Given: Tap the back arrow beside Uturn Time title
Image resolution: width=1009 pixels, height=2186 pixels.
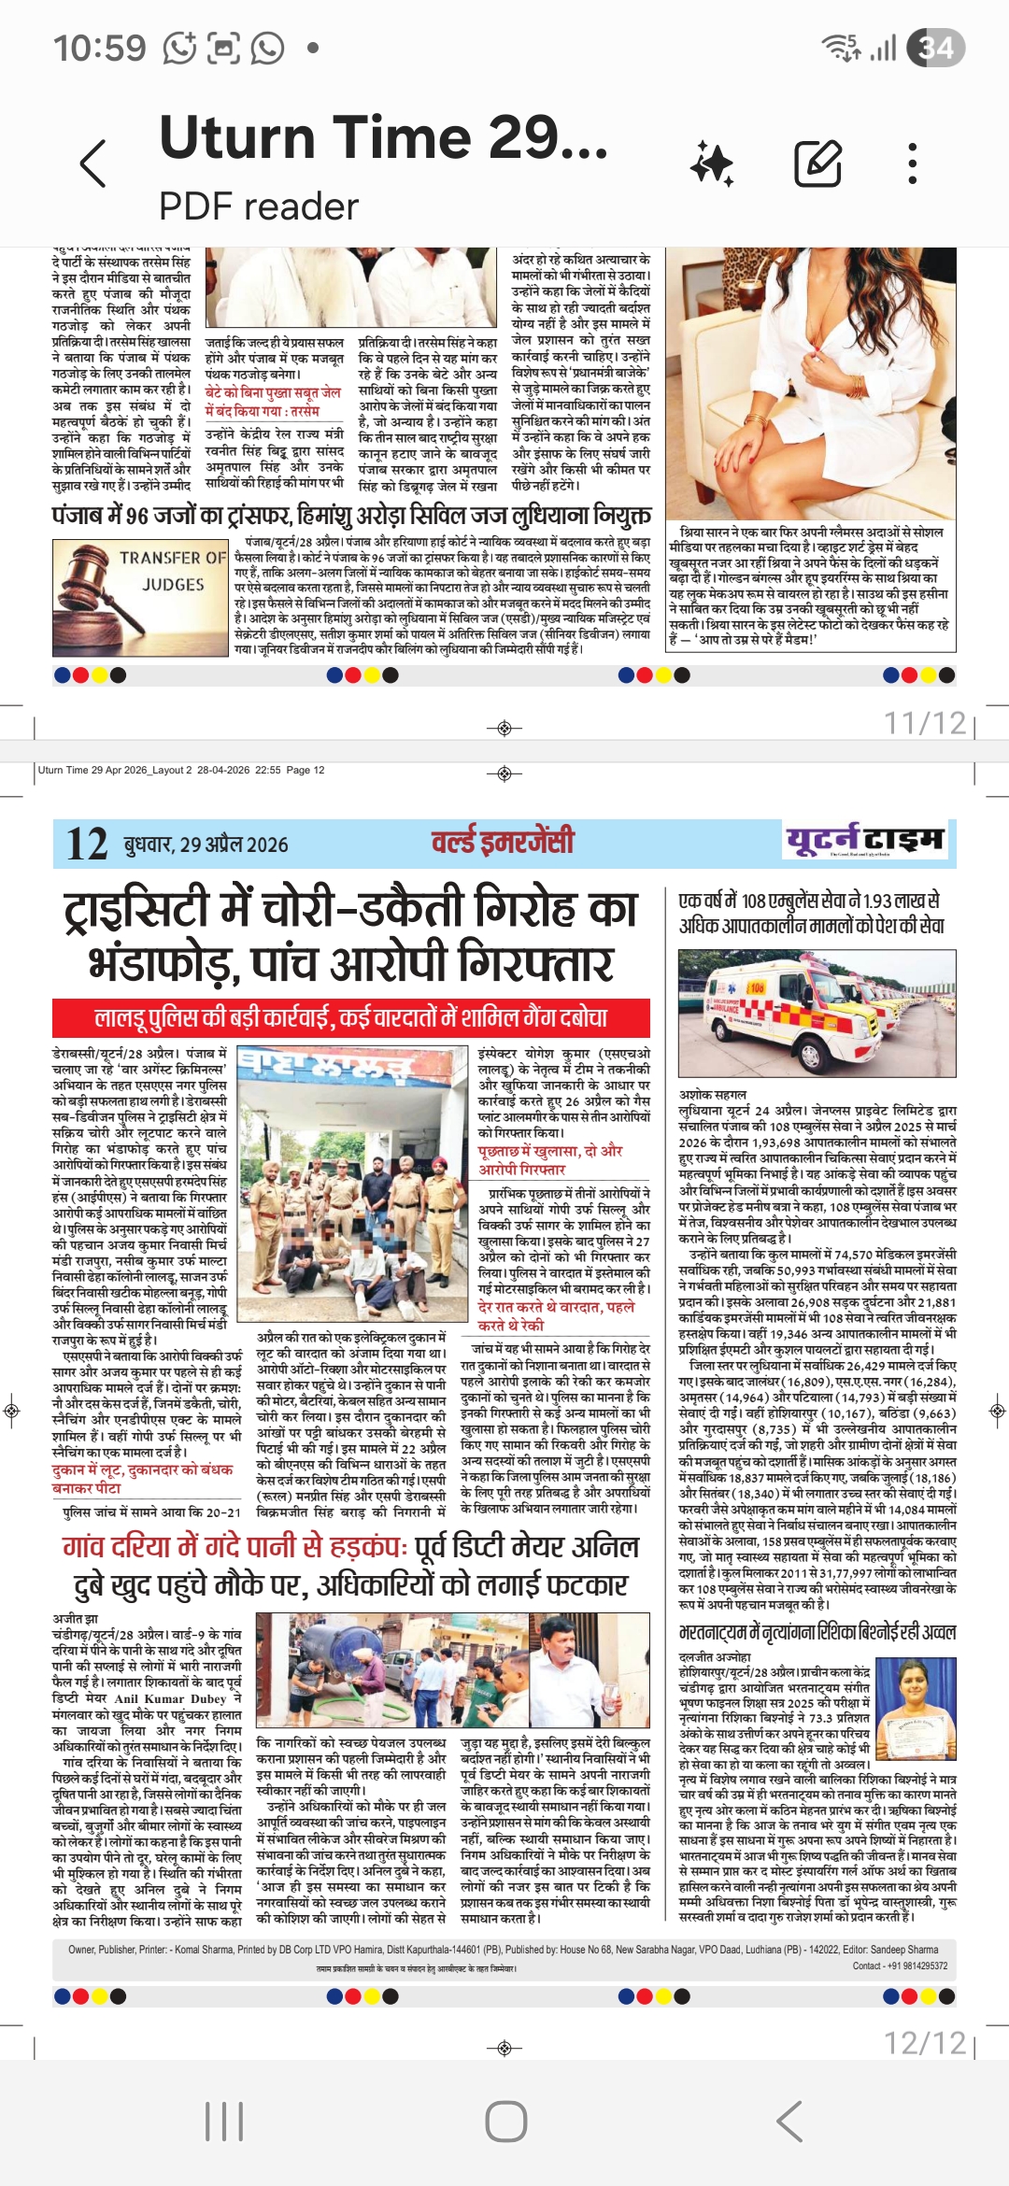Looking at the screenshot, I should pyautogui.click(x=93, y=164).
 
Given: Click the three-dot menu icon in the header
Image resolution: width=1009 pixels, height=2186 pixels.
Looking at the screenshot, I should pyautogui.click(x=913, y=164).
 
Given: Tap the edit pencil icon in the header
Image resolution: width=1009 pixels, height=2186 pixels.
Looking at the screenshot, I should pyautogui.click(x=817, y=164).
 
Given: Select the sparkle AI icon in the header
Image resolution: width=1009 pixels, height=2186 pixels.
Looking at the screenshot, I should pyautogui.click(x=712, y=164).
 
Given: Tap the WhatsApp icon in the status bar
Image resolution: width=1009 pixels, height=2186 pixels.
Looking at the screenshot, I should pyautogui.click(x=267, y=48).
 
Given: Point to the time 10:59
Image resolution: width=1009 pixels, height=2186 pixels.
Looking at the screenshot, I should pyautogui.click(x=99, y=48).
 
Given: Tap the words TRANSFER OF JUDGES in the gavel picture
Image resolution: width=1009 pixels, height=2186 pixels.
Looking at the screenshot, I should pyautogui.click(x=173, y=571).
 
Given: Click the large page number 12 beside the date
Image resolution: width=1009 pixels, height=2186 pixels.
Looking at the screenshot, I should pyautogui.click(x=87, y=845).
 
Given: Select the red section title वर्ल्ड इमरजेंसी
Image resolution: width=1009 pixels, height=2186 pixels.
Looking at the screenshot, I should pyautogui.click(x=503, y=842).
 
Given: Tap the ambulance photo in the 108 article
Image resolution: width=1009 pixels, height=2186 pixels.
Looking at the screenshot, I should pyautogui.click(x=817, y=1015).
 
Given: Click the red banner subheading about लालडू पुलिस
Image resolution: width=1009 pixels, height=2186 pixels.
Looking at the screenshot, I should pyautogui.click(x=351, y=1017).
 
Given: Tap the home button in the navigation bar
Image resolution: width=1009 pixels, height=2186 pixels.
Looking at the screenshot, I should pyautogui.click(x=505, y=2122).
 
